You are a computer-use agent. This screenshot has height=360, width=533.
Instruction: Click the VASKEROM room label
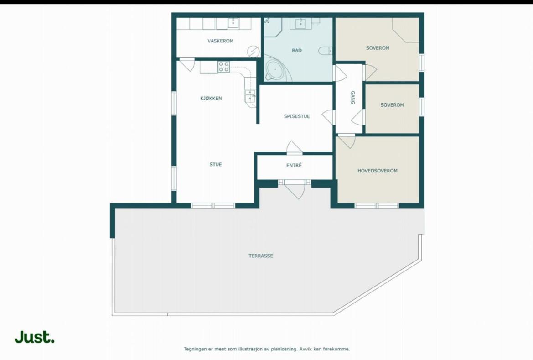pyautogui.click(x=220, y=41)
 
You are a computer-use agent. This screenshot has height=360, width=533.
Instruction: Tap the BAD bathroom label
pyautogui.click(x=297, y=50)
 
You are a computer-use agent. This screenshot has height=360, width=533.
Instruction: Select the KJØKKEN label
pyautogui.click(x=211, y=99)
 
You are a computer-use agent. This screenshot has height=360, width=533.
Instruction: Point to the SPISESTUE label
pyautogui.click(x=297, y=116)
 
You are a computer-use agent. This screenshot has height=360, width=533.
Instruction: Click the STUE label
pyautogui.click(x=216, y=164)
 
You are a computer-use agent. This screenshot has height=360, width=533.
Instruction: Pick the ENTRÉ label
pyautogui.click(x=294, y=165)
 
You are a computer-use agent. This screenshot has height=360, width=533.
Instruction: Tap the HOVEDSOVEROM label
pyautogui.click(x=378, y=171)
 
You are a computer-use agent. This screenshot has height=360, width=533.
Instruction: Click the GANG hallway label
pyautogui.click(x=353, y=98)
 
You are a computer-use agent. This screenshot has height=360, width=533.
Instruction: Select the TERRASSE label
pyautogui.click(x=261, y=256)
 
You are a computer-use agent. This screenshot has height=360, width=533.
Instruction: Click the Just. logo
pyautogui.click(x=34, y=337)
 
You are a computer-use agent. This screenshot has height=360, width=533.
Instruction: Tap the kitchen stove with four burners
pyautogui.click(x=224, y=67)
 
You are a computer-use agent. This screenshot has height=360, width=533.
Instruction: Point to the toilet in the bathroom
pyautogui.click(x=325, y=51)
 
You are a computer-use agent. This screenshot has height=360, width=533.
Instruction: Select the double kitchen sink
pyautogui.click(x=250, y=96)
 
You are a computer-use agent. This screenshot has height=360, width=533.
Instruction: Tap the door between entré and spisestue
pyautogui.click(x=295, y=147)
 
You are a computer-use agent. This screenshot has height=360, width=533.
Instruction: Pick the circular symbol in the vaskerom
pyautogui.click(x=253, y=52)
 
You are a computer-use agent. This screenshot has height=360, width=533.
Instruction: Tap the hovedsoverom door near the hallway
pyautogui.click(x=347, y=141)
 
